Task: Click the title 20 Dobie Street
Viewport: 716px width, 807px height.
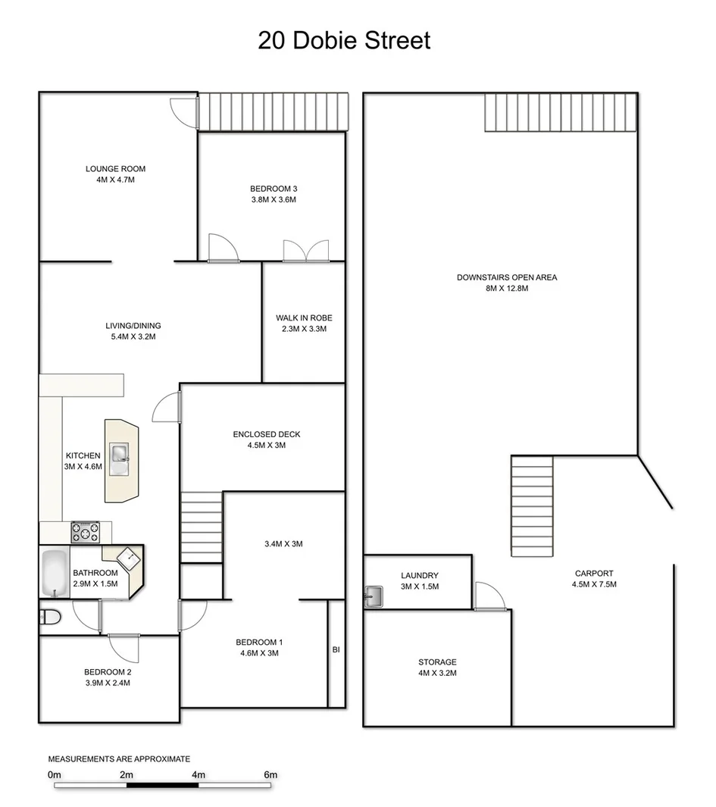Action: point(344,39)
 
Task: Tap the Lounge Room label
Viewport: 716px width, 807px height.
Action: point(115,169)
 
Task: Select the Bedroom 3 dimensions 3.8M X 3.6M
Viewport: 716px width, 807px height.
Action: point(272,200)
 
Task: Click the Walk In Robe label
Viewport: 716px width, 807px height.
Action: point(304,318)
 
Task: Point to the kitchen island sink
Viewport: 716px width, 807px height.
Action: point(120,458)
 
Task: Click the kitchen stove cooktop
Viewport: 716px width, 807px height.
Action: point(85,532)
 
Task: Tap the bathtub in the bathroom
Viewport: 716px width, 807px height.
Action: point(55,574)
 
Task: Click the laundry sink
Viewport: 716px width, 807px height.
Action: point(372,597)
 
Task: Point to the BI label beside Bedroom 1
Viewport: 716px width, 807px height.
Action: point(336,649)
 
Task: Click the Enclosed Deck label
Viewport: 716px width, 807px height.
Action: point(266,434)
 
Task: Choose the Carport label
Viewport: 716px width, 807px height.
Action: point(594,574)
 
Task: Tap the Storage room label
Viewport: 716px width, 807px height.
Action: point(437,662)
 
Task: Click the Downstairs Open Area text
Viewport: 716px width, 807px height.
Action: point(506,277)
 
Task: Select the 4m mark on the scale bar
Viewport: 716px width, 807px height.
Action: point(199,775)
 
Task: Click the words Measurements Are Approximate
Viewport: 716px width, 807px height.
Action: point(119,759)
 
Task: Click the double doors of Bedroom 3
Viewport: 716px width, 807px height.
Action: point(298,251)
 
